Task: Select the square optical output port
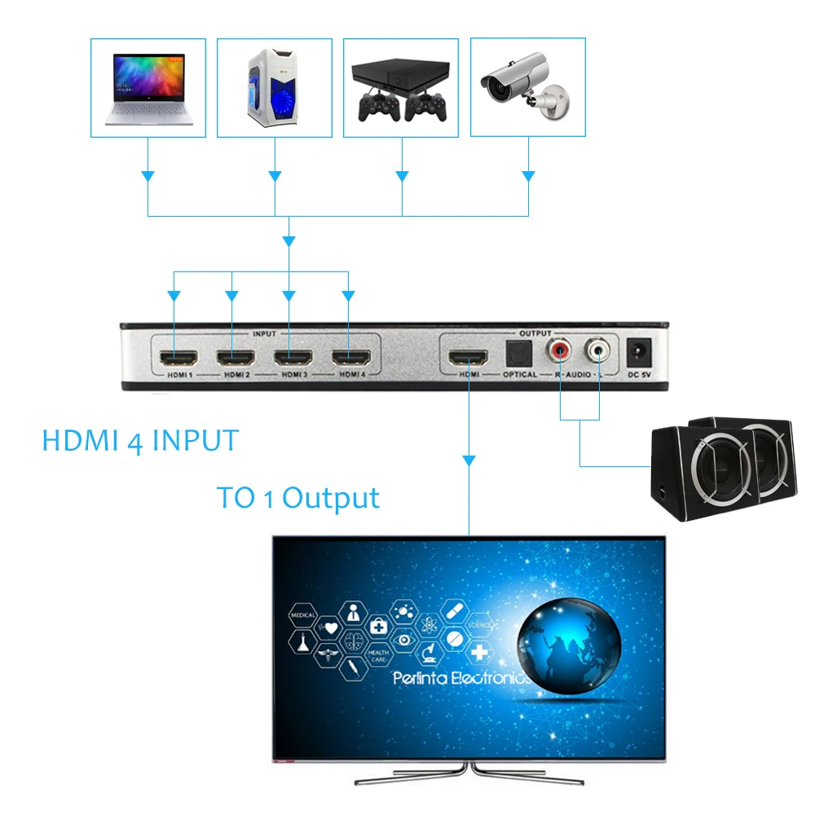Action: point(518,354)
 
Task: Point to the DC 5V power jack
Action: point(637,352)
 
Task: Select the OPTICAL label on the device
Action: point(519,375)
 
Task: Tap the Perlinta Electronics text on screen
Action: point(461,678)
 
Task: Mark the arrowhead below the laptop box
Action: point(148,176)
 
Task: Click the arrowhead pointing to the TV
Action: point(469,461)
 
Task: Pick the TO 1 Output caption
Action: point(298,497)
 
